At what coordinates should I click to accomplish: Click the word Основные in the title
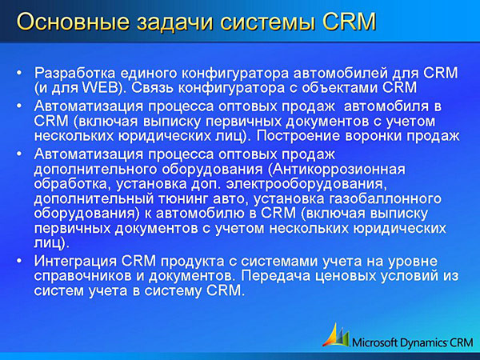[73, 22]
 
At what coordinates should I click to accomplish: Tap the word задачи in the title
[174, 22]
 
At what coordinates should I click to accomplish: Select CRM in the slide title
[349, 22]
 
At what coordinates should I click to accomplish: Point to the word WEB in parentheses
[100, 87]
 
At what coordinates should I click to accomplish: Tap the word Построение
[298, 136]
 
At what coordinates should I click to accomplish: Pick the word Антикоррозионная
[337, 169]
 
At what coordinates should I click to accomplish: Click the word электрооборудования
[305, 184]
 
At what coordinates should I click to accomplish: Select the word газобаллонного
[385, 198]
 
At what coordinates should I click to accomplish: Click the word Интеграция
[75, 261]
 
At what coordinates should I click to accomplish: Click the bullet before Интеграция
[19, 261]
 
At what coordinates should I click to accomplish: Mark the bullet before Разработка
[19, 73]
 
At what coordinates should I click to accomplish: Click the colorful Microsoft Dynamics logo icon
[336, 335]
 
